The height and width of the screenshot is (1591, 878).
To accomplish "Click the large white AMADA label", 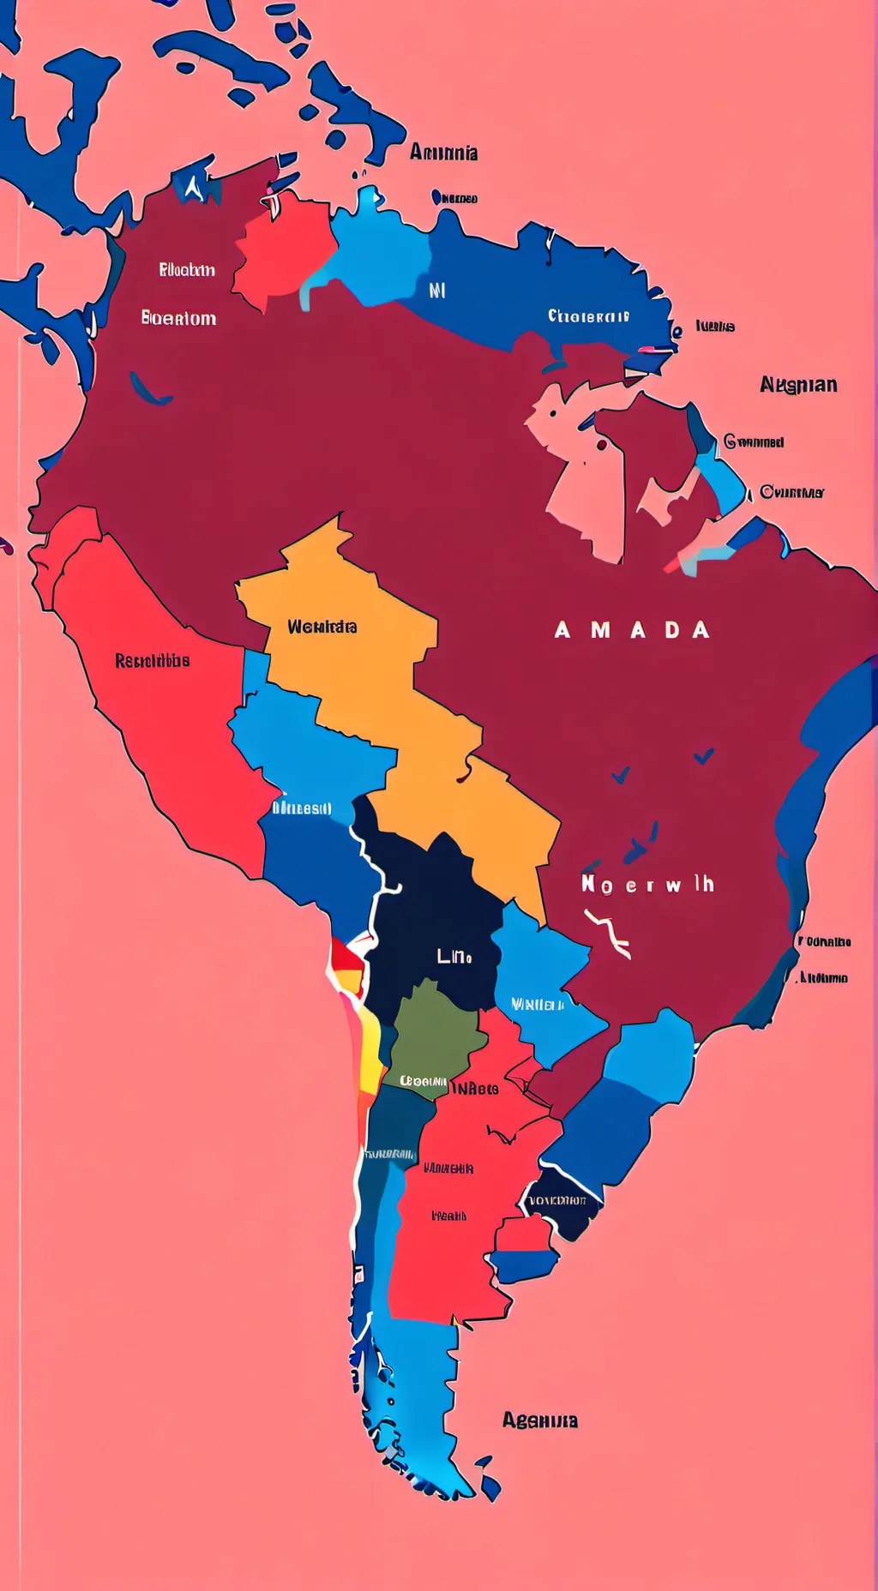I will pyautogui.click(x=632, y=631).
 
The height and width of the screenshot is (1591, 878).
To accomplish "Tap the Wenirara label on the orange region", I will pyautogui.click(x=322, y=627).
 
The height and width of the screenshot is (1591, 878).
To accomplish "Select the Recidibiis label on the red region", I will pyautogui.click(x=152, y=661).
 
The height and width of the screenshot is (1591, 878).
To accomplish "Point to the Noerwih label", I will pyautogui.click(x=647, y=885).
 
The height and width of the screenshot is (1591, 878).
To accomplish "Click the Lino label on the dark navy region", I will pyautogui.click(x=454, y=956).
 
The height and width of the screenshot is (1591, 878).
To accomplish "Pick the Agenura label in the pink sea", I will pyautogui.click(x=539, y=1420).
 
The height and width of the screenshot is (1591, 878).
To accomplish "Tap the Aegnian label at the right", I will pyautogui.click(x=797, y=385).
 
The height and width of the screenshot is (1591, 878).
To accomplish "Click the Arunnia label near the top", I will pyautogui.click(x=443, y=153).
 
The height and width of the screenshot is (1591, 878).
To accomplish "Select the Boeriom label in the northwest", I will pyautogui.click(x=178, y=319).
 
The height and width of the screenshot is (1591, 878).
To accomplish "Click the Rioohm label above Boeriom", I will pyautogui.click(x=186, y=270).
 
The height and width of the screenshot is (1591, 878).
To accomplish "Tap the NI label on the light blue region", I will pyautogui.click(x=437, y=291).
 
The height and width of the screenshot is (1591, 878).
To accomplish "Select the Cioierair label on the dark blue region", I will pyautogui.click(x=588, y=316).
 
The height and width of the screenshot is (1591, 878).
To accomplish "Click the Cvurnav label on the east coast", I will pyautogui.click(x=791, y=492).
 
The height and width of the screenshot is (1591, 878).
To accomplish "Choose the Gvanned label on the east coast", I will pyautogui.click(x=754, y=442).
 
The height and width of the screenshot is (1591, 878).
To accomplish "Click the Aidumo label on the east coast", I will pyautogui.click(x=823, y=978).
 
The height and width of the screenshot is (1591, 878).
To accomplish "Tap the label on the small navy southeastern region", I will pyautogui.click(x=558, y=1200).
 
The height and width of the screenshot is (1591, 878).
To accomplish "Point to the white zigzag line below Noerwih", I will pyautogui.click(x=608, y=933).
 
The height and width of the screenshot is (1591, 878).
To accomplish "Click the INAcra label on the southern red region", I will pyautogui.click(x=475, y=1089).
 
